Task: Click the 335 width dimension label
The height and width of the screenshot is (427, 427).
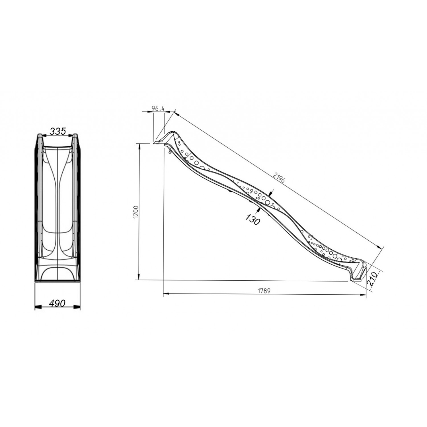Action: coord(58,131)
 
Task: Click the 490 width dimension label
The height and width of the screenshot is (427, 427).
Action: coord(57,303)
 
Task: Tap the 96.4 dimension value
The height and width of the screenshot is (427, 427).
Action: coord(159,108)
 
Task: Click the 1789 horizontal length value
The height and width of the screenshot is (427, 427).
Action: coord(264,291)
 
